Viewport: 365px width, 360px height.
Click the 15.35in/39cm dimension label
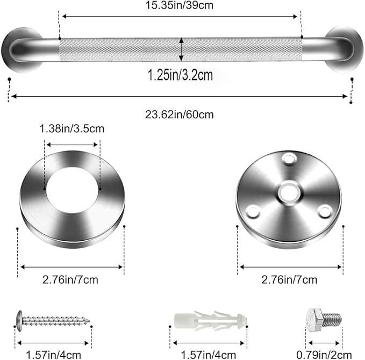click(x=180, y=6)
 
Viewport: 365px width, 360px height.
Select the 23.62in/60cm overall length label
click(x=180, y=114)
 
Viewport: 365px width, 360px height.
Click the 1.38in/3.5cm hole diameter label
click(x=71, y=128)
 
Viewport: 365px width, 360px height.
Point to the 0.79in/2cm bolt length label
click(x=325, y=355)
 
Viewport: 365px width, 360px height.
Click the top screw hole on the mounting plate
click(x=289, y=159)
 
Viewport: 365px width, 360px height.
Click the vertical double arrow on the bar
click(x=181, y=49)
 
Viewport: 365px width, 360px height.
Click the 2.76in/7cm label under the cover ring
click(x=71, y=279)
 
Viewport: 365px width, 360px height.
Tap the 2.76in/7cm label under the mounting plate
click(x=290, y=279)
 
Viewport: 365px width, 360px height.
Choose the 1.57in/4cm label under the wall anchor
click(x=209, y=355)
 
